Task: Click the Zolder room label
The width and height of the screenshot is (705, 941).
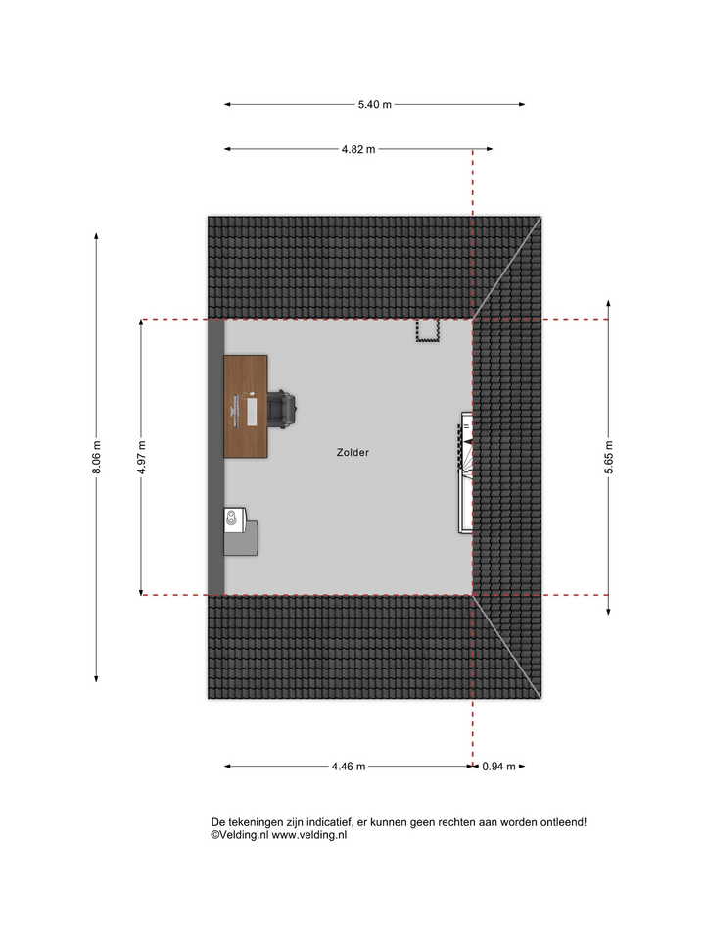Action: coord(352,453)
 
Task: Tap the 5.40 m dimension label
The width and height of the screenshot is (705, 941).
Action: coord(375,105)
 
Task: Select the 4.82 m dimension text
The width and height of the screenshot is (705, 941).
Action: coord(358,149)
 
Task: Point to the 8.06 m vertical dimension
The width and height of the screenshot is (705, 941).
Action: coord(97,458)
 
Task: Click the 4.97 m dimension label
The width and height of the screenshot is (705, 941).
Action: coord(141,458)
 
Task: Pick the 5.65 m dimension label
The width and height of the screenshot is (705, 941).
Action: coord(608,458)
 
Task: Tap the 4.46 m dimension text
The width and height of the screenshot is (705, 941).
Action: coord(349,767)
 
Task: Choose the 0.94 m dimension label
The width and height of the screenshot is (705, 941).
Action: coord(498,767)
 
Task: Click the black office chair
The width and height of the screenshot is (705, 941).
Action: coord(281,409)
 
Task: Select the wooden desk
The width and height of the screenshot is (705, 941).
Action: coord(246,406)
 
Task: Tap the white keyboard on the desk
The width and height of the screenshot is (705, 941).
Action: coord(252,411)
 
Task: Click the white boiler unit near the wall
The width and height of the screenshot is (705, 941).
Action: coord(234,520)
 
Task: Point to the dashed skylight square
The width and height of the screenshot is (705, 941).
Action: coord(428,330)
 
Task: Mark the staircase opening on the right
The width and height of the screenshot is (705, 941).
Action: coord(466,472)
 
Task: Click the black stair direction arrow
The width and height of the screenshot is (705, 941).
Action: coord(468,442)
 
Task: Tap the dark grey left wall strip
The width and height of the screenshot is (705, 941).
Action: coord(215,458)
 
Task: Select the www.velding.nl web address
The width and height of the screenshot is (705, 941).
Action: coord(309,835)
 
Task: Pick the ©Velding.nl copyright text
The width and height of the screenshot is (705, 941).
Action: coord(239,835)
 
